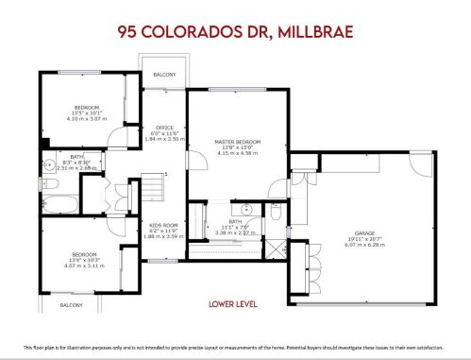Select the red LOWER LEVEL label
tap(235, 304)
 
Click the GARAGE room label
tap(363, 231)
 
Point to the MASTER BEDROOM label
tap(236, 141)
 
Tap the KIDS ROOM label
tap(163, 225)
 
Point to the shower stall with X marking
tap(275, 250)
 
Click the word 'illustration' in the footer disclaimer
tap(107, 348)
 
